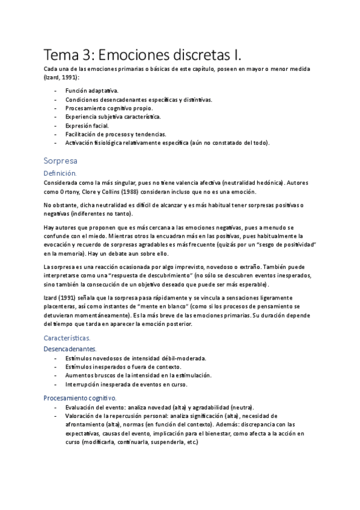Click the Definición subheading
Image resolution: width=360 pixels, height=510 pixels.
pos(61,173)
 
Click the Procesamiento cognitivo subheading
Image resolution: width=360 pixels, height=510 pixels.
pos(80,398)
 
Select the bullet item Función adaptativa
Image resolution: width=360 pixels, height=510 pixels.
pos(92,90)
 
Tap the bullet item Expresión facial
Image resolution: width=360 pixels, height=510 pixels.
pos(87,125)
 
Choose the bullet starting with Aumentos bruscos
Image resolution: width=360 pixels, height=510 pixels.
pos(138,375)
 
